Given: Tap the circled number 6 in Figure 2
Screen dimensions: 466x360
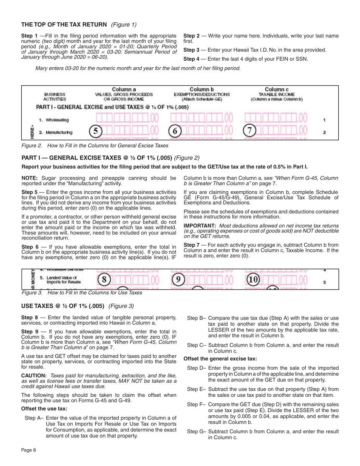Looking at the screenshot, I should tap(175, 132).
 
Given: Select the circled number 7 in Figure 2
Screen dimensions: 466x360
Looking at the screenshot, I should tap(249, 132).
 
